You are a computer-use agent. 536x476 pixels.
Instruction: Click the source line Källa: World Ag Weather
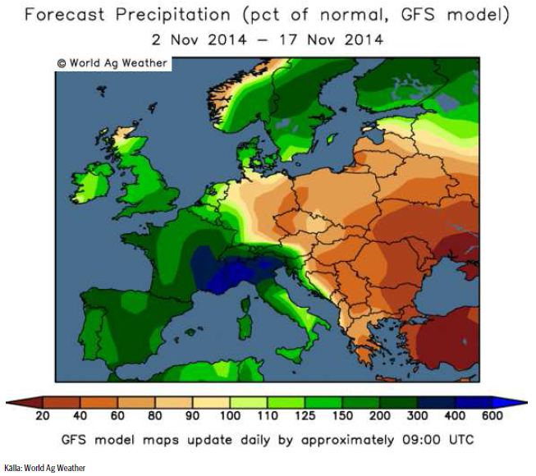click(x=44, y=468)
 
